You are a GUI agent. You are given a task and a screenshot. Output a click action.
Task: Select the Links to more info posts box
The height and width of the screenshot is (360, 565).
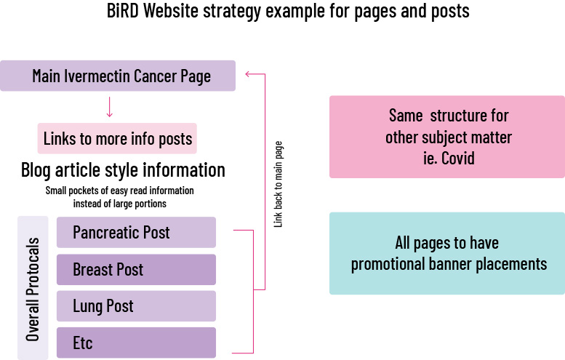(x=117, y=138)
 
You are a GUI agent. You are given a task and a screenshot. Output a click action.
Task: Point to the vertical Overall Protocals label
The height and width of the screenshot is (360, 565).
(x=33, y=288)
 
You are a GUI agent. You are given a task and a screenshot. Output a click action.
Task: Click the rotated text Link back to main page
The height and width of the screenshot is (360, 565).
(x=278, y=184)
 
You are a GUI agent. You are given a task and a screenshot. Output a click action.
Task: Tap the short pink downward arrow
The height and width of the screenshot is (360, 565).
(x=110, y=108)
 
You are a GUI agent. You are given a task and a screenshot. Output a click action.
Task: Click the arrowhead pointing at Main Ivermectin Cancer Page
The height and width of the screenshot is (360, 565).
(x=249, y=73)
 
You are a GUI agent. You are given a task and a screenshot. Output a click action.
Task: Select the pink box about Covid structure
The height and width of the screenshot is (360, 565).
(x=447, y=137)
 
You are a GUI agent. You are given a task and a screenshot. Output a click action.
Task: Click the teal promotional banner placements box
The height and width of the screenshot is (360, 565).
(x=447, y=253)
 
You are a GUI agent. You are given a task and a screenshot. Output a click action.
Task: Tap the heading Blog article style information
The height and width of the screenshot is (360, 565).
(x=123, y=170)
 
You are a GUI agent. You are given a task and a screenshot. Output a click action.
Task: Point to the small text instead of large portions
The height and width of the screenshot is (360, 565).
(x=120, y=204)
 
